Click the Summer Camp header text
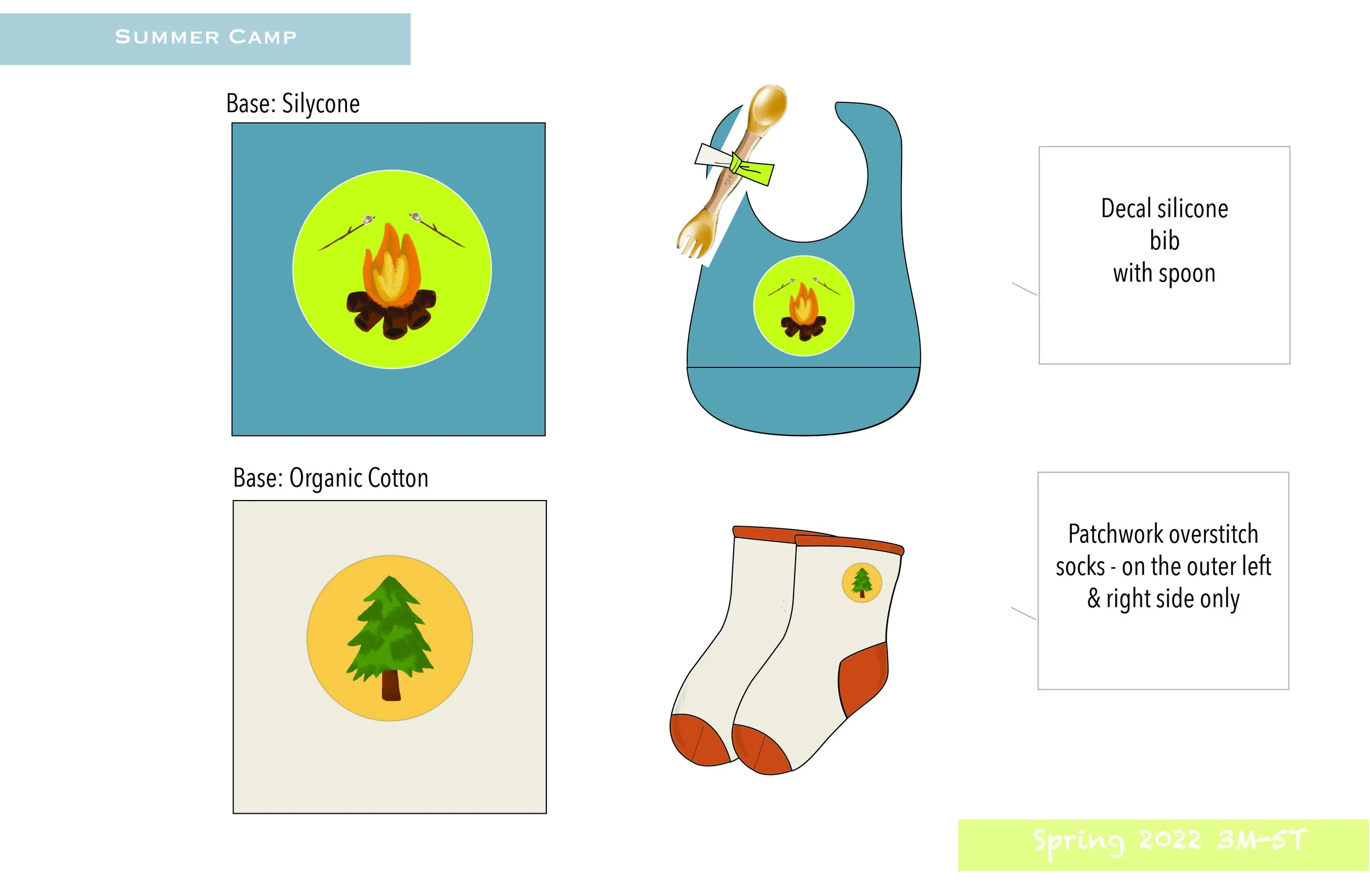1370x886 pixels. [206, 37]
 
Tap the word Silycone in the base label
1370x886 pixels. [321, 104]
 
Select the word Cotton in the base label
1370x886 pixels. [398, 478]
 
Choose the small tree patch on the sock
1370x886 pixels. [861, 582]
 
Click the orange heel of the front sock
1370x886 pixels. [864, 679]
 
